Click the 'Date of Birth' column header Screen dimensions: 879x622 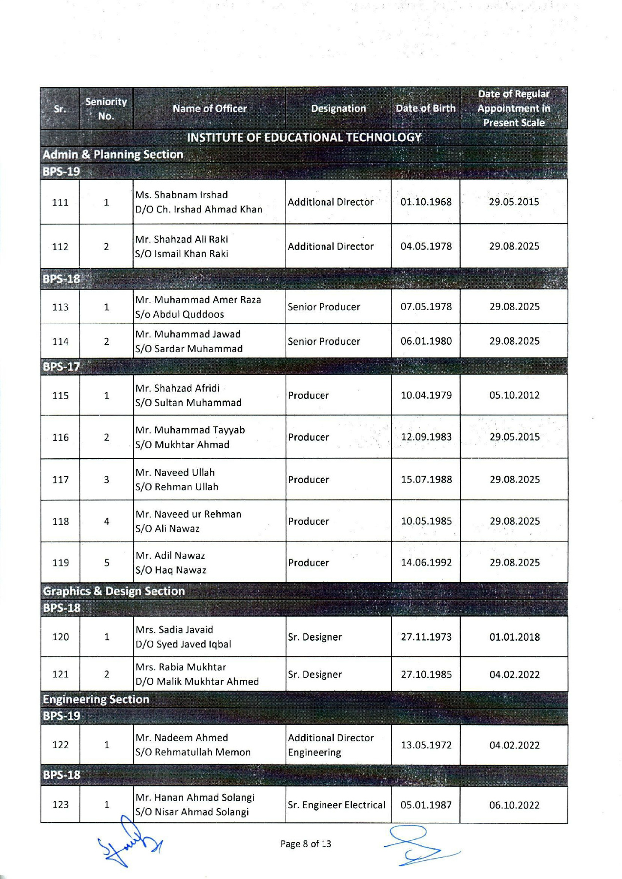(425, 108)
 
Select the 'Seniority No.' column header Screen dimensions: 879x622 (106, 108)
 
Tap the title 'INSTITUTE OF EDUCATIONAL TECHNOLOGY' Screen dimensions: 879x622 (304, 137)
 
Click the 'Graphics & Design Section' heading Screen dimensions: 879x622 (114, 591)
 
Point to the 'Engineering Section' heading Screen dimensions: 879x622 (96, 699)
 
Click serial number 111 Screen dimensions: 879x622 (60, 202)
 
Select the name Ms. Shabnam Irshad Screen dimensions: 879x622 (182, 195)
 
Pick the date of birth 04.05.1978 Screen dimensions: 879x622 (426, 246)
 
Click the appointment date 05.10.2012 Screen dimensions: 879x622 (514, 395)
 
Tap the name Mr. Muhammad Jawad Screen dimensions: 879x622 (188, 334)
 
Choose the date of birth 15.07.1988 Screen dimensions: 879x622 (426, 480)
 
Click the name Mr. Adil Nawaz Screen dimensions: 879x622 (170, 556)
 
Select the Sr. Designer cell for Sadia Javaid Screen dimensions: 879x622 (315, 637)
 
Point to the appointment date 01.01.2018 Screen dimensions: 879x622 (514, 637)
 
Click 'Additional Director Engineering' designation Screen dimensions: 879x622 (331, 745)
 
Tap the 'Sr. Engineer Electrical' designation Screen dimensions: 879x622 (336, 805)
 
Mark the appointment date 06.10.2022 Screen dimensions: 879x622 (514, 805)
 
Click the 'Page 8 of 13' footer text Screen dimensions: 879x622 (306, 844)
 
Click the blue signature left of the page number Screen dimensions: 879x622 (129, 844)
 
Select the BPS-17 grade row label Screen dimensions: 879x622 (62, 366)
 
